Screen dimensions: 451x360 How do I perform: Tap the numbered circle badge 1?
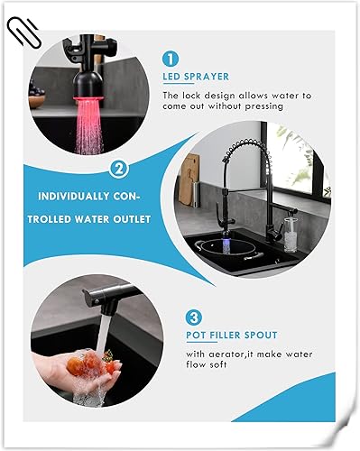[x=171, y=59]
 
